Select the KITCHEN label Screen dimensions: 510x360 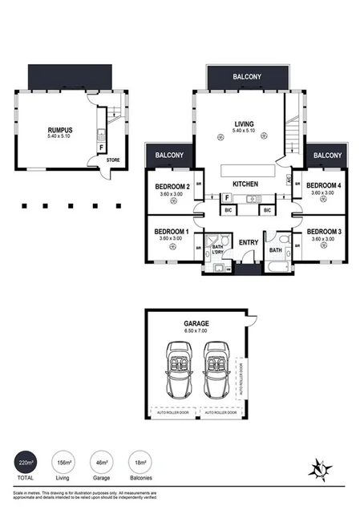point(245,185)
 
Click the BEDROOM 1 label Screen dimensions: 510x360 point(172,232)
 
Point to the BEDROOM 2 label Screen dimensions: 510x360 point(172,187)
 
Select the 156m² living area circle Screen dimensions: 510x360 point(63,462)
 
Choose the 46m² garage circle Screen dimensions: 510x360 point(101,462)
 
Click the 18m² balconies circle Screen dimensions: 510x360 point(141,462)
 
